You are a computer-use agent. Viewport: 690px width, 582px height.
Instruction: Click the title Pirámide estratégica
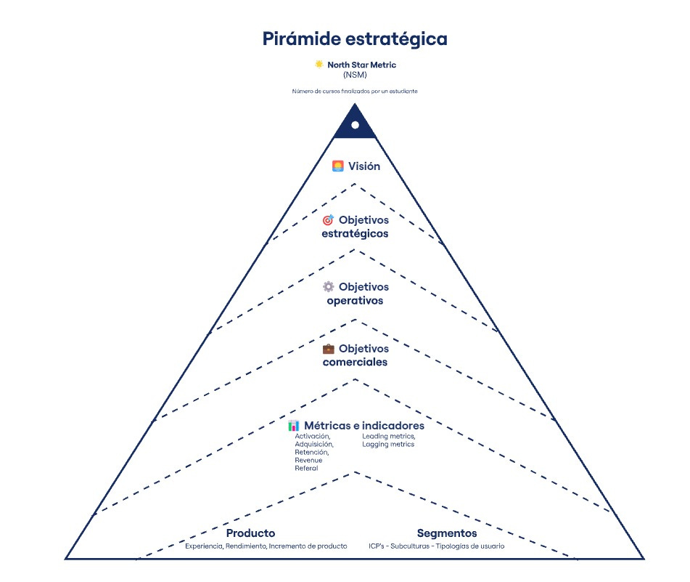pyautogui.click(x=355, y=39)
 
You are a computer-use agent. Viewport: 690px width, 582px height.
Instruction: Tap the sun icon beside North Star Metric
pyautogui.click(x=319, y=65)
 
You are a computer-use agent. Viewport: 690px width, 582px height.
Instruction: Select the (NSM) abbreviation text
pyautogui.click(x=355, y=75)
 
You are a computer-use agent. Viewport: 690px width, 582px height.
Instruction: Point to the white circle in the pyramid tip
pyautogui.click(x=355, y=125)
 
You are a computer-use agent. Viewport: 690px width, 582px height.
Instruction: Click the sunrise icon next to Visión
pyautogui.click(x=337, y=166)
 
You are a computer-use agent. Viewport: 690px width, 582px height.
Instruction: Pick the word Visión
pyautogui.click(x=364, y=166)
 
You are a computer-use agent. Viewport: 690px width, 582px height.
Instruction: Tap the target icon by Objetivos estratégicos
pyautogui.click(x=328, y=219)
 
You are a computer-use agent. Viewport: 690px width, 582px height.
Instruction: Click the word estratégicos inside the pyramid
pyautogui.click(x=355, y=234)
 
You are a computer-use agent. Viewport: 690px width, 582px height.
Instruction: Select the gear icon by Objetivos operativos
pyautogui.click(x=328, y=287)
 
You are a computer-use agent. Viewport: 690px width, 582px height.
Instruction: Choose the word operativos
pyautogui.click(x=355, y=300)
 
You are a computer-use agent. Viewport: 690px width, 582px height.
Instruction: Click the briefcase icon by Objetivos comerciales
pyautogui.click(x=328, y=349)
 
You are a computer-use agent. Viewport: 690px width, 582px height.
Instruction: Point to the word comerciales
pyautogui.click(x=355, y=362)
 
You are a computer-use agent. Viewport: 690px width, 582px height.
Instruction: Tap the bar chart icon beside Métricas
pyautogui.click(x=293, y=426)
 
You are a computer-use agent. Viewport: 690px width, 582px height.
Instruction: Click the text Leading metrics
pyautogui.click(x=389, y=436)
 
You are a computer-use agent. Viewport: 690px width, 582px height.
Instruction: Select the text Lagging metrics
pyautogui.click(x=388, y=444)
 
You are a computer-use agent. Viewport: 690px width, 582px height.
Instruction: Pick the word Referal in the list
pyautogui.click(x=306, y=468)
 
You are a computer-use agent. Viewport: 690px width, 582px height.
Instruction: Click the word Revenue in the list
pyautogui.click(x=308, y=460)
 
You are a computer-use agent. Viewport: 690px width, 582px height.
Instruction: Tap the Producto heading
pyautogui.click(x=250, y=533)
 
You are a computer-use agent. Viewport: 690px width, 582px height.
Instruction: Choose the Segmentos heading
pyautogui.click(x=447, y=533)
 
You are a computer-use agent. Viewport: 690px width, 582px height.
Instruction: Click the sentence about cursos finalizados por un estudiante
pyautogui.click(x=355, y=92)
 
